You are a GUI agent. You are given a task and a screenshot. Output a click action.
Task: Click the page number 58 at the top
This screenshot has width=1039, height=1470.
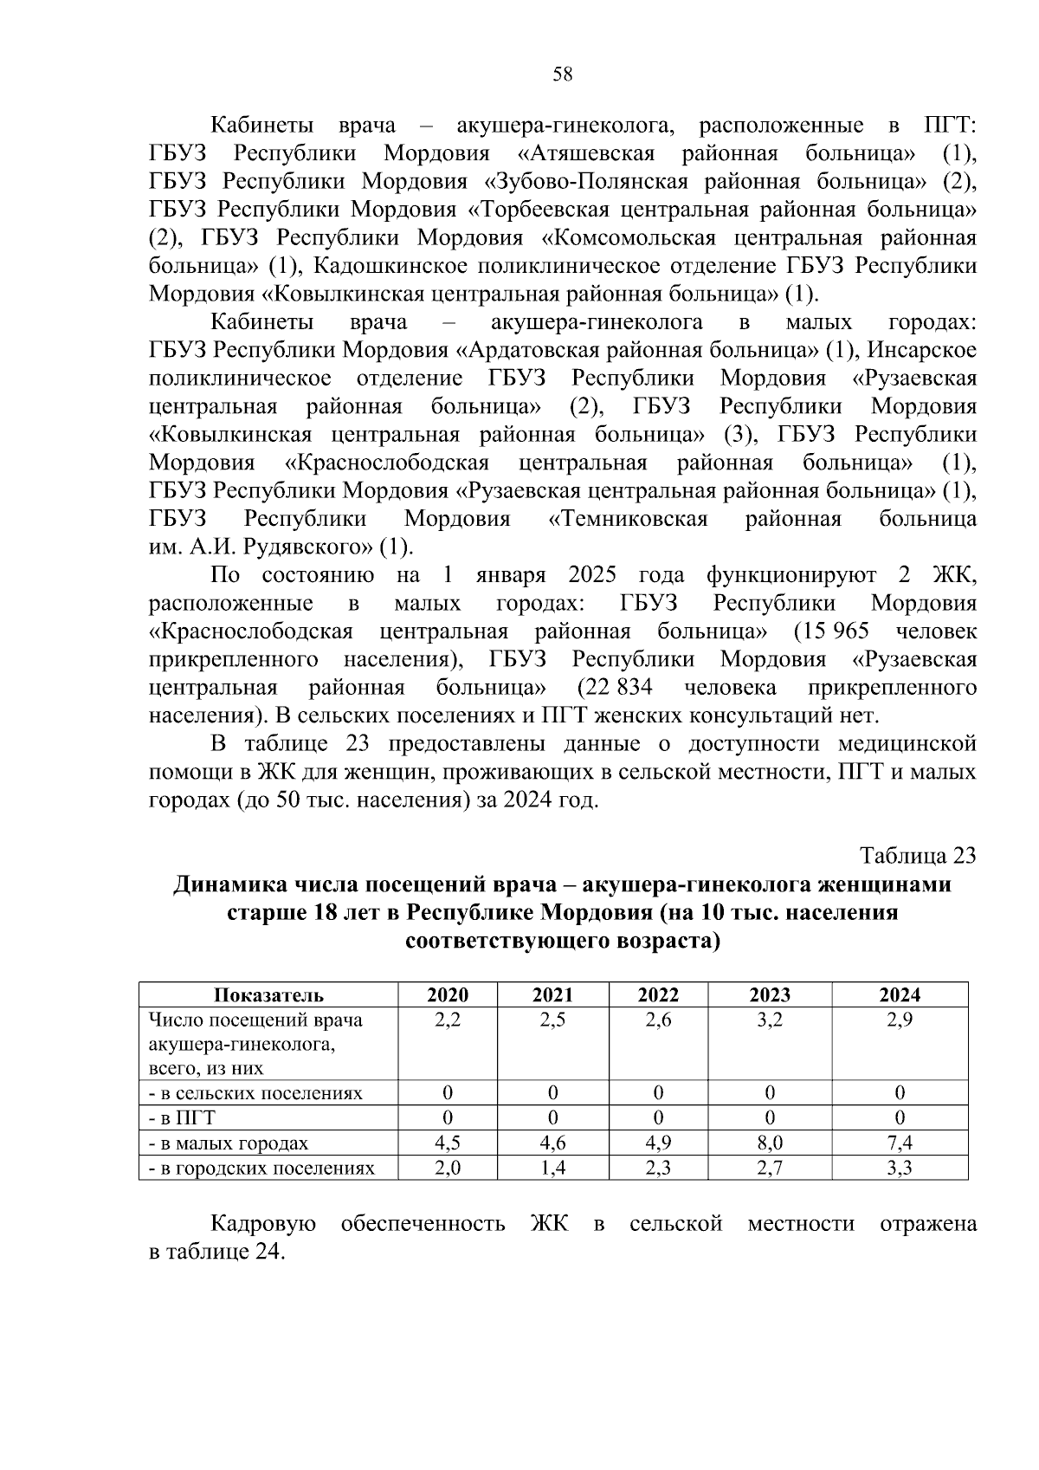tap(562, 74)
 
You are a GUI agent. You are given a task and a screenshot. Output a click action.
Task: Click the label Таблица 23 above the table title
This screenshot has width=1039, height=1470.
tap(918, 856)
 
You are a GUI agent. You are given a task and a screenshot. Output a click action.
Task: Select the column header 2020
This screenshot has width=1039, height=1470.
tap(448, 995)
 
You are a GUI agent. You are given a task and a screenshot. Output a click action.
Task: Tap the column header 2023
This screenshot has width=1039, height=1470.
tap(769, 995)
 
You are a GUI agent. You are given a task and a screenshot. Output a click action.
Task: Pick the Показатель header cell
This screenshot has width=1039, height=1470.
tap(268, 995)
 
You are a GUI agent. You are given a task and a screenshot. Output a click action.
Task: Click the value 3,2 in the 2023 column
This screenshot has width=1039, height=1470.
tap(769, 1020)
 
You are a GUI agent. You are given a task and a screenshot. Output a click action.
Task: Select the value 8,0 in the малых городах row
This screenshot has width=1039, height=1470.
tap(769, 1143)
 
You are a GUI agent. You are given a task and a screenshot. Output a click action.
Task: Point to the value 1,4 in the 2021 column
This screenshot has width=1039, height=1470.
tap(552, 1168)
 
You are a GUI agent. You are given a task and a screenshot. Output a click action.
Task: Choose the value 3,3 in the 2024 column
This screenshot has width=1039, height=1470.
tap(900, 1168)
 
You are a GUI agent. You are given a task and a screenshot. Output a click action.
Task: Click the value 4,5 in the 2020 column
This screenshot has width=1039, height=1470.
tap(448, 1143)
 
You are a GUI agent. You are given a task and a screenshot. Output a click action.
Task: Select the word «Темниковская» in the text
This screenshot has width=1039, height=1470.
tap(629, 519)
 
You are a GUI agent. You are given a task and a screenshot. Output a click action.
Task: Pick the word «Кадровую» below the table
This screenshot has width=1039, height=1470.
tap(263, 1224)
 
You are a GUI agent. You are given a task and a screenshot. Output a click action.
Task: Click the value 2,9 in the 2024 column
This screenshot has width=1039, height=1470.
tap(900, 1020)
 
